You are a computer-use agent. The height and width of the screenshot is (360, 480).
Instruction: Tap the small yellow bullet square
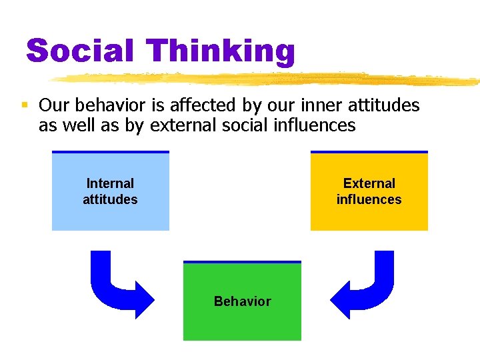tap(24, 105)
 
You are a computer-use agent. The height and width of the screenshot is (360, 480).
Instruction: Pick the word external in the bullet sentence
tap(179, 125)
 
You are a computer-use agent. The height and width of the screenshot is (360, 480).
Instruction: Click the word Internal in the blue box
tap(110, 183)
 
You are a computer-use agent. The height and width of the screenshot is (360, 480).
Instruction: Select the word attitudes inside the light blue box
tap(110, 199)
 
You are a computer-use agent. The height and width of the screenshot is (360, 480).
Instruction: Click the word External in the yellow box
tap(369, 183)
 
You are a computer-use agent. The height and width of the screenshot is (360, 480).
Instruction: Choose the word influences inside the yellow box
tap(369, 199)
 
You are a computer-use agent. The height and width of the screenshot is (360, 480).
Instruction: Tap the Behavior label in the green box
tap(242, 301)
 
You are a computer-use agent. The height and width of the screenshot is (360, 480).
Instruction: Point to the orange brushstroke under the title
tap(267, 79)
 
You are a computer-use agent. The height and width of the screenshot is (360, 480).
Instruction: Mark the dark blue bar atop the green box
tap(242, 262)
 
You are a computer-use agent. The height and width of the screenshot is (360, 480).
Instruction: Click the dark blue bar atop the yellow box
tap(369, 152)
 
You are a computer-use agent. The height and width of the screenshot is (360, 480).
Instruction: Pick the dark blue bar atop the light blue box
tap(110, 152)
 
